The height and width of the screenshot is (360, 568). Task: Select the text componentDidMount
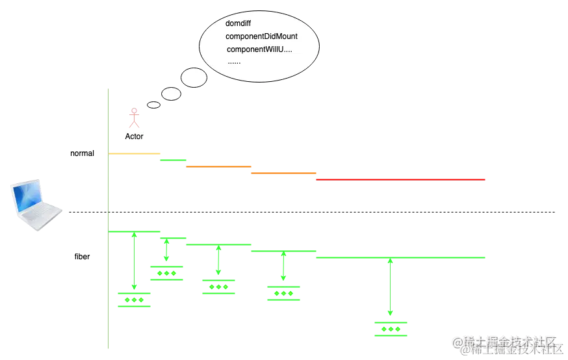tap(261, 36)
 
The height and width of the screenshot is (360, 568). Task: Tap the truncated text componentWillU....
tap(259, 50)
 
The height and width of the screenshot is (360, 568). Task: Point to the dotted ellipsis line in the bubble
tap(234, 62)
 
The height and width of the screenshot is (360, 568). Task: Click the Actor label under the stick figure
tap(134, 137)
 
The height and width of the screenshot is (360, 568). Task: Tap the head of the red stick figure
tap(134, 110)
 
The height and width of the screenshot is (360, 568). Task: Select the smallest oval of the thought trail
tap(153, 105)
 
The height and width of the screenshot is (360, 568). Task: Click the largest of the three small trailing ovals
tap(194, 77)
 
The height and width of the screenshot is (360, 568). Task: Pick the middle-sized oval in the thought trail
tap(171, 94)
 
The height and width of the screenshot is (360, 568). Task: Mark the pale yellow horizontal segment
tap(134, 153)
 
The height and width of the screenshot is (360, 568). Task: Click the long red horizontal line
tap(400, 179)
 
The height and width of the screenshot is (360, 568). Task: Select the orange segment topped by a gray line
tap(218, 166)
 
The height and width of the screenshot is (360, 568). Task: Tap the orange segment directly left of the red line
tap(284, 174)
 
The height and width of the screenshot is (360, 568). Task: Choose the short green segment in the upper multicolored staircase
tap(172, 159)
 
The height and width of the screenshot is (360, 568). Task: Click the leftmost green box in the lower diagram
tap(133, 300)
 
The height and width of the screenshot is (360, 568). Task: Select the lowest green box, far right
tap(392, 328)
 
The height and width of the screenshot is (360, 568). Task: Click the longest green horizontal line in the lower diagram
tap(400, 257)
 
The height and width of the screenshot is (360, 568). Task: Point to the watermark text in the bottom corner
tap(507, 344)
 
